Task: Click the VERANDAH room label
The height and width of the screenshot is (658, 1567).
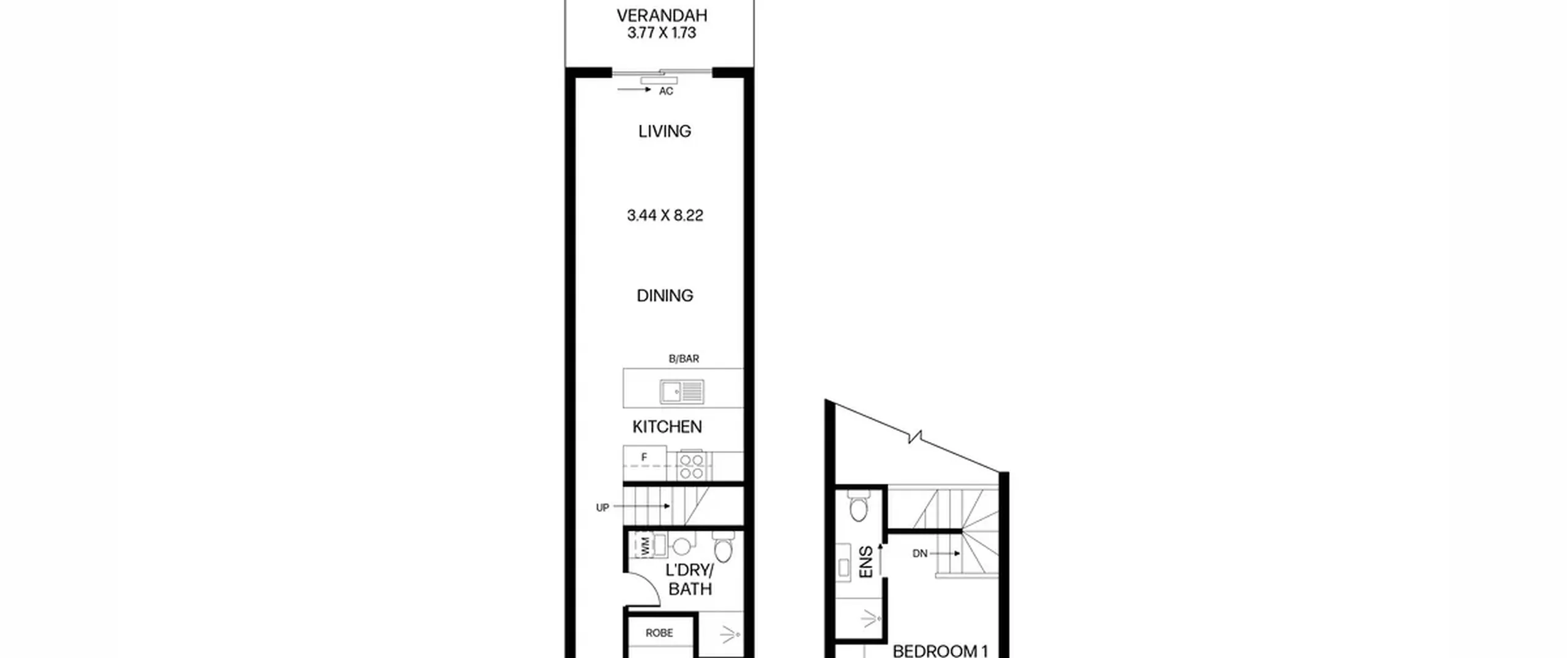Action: (x=662, y=15)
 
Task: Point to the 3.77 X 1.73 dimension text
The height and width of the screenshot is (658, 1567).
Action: (x=662, y=33)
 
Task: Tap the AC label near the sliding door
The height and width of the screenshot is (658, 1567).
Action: (x=666, y=91)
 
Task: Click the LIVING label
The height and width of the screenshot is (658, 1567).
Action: (x=665, y=131)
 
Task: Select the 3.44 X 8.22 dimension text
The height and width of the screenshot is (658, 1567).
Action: (x=665, y=215)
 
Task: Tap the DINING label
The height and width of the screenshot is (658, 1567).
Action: (x=665, y=296)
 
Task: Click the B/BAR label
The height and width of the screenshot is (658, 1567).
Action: (x=684, y=359)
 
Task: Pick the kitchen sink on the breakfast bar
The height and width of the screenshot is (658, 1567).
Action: (x=682, y=391)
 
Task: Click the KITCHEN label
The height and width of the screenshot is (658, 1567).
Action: (x=667, y=427)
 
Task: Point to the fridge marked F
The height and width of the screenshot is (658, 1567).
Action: (x=645, y=463)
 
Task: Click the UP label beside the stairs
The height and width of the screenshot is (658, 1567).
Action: (x=602, y=507)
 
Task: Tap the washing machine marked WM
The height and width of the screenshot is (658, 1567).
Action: (x=645, y=545)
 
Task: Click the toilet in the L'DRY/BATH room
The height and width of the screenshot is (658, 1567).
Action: (x=724, y=546)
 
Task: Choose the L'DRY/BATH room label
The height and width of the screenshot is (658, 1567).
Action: (x=690, y=580)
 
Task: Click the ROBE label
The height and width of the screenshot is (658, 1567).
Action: (x=659, y=633)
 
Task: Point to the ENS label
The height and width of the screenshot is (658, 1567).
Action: (x=866, y=563)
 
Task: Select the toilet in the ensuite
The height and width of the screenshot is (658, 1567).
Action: (x=859, y=506)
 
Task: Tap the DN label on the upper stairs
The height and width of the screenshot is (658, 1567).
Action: (x=920, y=553)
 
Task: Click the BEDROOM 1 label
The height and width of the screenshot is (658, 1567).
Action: (x=940, y=651)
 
